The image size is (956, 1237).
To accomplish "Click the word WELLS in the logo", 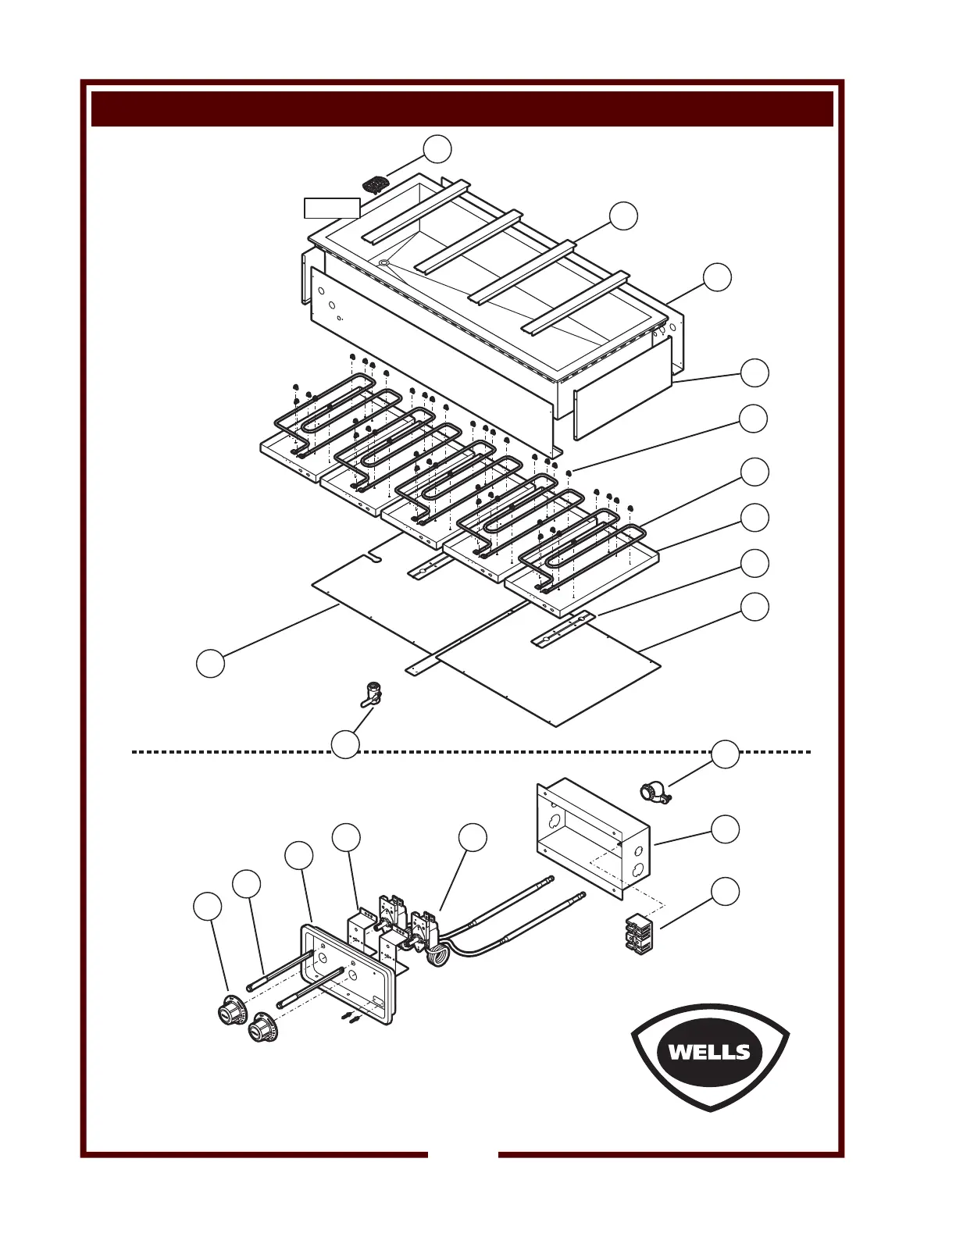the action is pos(709,1051).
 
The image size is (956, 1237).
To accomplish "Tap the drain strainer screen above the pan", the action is pos(375,185).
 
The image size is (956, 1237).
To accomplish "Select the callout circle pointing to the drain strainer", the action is pos(437,149).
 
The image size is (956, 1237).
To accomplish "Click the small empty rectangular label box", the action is pos(332,208).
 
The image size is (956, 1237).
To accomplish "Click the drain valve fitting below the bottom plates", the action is pos(371,694).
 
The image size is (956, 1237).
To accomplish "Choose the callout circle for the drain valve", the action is pos(346,744).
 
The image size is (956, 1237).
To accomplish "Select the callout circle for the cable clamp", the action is pos(726,754).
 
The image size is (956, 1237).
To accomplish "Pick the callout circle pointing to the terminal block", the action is pos(726,891).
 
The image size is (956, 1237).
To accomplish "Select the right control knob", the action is pos(262,1026).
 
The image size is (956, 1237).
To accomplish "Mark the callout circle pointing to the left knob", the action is pos(207,907).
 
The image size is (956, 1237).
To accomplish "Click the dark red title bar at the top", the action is pos(462,108).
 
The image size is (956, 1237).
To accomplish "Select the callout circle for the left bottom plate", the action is pos(210,663).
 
